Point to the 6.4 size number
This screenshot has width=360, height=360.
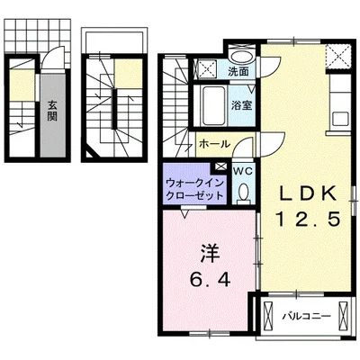pyautogui.click(x=208, y=279)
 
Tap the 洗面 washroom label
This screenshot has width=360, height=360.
pyautogui.click(x=238, y=71)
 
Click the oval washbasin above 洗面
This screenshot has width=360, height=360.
pyautogui.click(x=241, y=52)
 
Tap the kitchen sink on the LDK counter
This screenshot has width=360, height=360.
pyautogui.click(x=340, y=117)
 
